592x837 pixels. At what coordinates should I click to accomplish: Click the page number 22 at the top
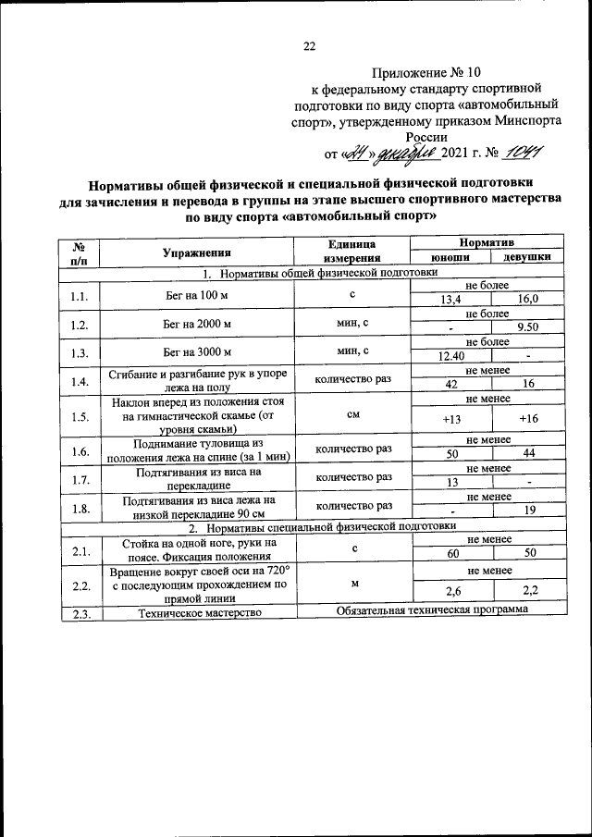coord(309,46)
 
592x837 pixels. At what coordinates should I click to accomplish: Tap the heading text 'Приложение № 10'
coord(426,72)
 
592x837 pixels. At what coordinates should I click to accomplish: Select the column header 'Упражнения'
coord(196,252)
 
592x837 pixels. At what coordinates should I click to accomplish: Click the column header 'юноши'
coord(451,259)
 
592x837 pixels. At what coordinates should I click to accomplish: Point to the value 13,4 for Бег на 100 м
coord(451,301)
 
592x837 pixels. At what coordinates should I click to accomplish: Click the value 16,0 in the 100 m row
coord(527,301)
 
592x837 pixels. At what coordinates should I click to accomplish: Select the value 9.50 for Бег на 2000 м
coord(527,328)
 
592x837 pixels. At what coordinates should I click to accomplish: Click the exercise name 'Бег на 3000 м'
coord(196,351)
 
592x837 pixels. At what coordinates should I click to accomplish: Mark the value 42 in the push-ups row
coord(451,386)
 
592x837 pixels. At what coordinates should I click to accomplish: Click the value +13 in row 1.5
coord(451,419)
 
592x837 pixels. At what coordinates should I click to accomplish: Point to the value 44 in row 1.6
coord(527,454)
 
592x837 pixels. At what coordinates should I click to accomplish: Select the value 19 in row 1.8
coord(529,511)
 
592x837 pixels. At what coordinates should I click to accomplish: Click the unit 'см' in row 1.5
coord(352,414)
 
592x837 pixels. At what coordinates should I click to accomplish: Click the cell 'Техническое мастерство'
coord(196,612)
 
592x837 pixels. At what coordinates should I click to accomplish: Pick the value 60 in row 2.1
coord(451,553)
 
